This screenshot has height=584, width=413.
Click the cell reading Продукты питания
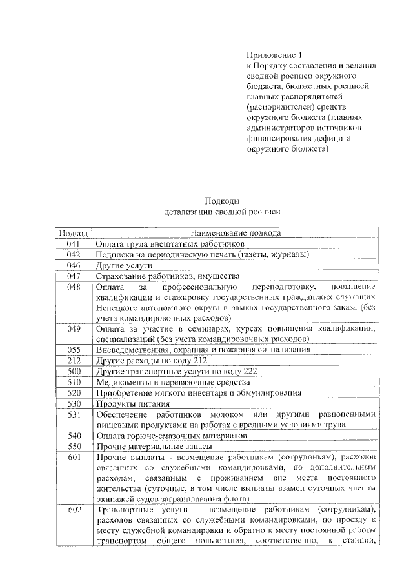[x=127, y=403]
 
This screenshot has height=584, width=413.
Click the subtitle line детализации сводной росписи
[x=222, y=211]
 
